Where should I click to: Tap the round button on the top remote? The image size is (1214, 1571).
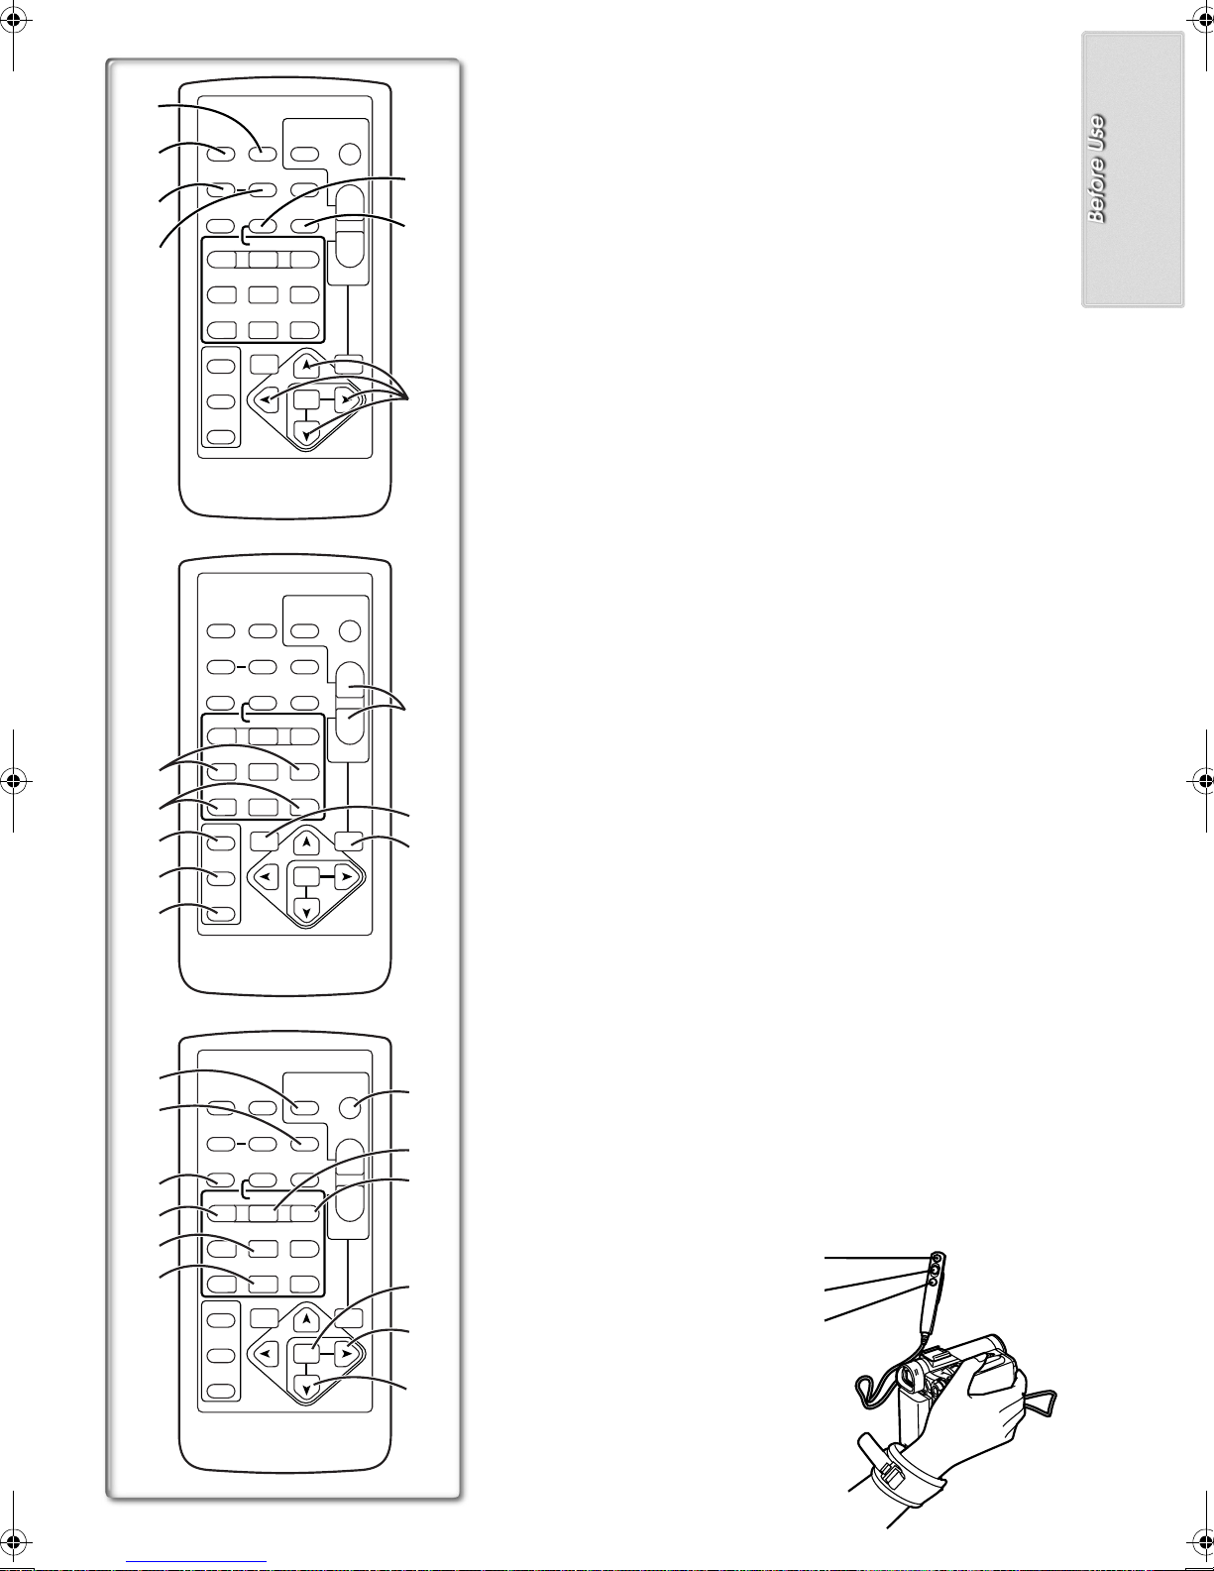[x=350, y=154]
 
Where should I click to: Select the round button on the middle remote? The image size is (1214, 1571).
[x=350, y=630]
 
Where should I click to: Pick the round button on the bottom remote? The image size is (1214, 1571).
[x=350, y=1107]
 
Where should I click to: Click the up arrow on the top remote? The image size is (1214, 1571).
[x=306, y=365]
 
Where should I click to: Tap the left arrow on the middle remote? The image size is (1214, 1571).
[x=268, y=877]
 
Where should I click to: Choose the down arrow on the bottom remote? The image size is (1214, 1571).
[x=306, y=1388]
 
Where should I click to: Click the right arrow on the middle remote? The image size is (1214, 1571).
[x=347, y=877]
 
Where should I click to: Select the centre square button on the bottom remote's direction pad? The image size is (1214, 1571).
[x=306, y=1353]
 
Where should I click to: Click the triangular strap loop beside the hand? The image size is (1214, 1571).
[x=1042, y=1403]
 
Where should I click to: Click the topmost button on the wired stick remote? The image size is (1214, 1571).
[x=938, y=1259]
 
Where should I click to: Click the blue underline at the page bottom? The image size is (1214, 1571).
[x=196, y=1562]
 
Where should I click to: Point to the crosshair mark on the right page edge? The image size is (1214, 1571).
[x=1199, y=781]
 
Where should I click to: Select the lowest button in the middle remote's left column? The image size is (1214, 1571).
[x=220, y=913]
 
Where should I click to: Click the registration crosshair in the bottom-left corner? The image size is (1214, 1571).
[x=16, y=1545]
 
